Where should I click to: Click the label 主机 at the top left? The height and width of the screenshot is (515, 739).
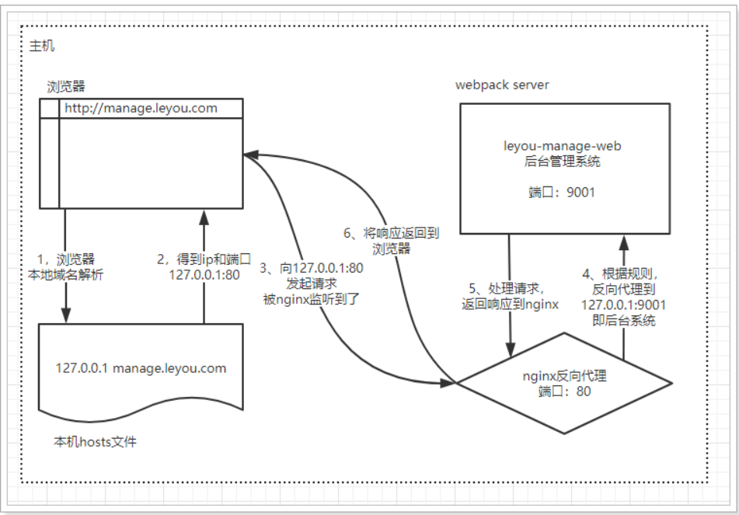42,47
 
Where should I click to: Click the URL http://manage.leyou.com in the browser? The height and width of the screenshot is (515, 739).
141,108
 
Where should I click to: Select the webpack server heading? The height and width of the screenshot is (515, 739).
501,85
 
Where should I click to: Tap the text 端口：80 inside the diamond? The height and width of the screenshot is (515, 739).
564,391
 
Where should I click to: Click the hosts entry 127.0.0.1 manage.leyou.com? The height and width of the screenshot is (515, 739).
141,367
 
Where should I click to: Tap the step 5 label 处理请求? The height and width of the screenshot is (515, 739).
507,296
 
